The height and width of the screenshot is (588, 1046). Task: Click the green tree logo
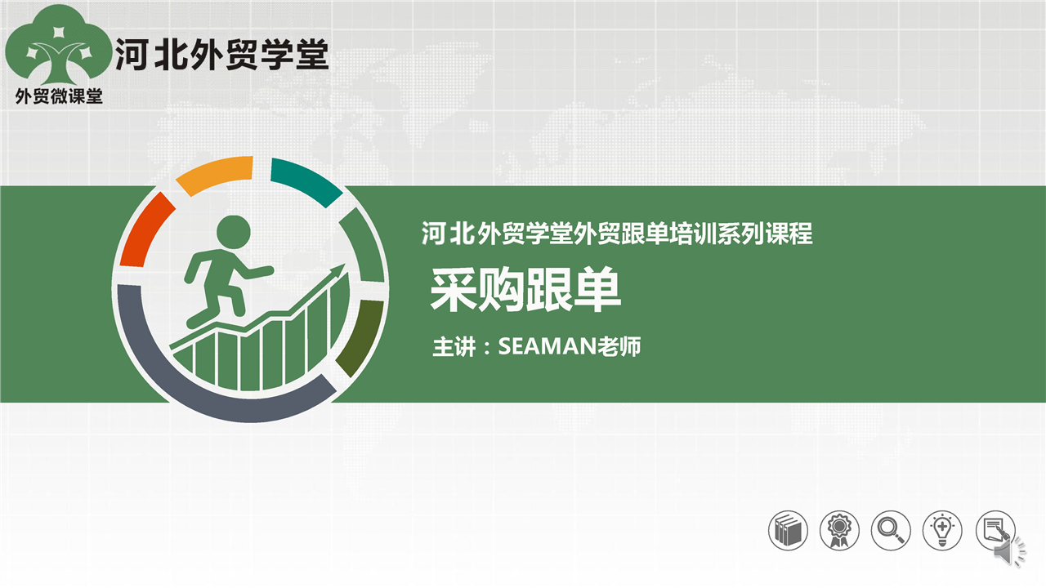click(x=58, y=47)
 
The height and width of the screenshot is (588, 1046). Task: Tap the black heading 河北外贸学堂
click(x=222, y=54)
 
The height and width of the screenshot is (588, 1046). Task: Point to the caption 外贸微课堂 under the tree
click(x=59, y=96)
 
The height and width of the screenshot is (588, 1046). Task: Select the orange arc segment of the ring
click(x=216, y=174)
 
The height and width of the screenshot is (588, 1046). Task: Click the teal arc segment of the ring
click(x=306, y=180)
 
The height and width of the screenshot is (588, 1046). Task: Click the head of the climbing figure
click(x=234, y=231)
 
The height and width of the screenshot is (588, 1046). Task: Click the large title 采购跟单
click(x=525, y=289)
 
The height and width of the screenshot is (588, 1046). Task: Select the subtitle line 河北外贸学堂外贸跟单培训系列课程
click(x=616, y=233)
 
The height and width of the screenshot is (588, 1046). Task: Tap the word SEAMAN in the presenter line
click(x=548, y=346)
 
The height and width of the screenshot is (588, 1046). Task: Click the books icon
click(x=788, y=531)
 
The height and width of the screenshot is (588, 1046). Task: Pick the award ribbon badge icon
click(x=839, y=531)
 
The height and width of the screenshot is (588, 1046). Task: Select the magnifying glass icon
click(x=891, y=531)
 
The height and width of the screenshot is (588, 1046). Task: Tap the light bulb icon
click(x=942, y=531)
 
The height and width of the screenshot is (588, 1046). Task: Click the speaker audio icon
click(x=1008, y=553)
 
